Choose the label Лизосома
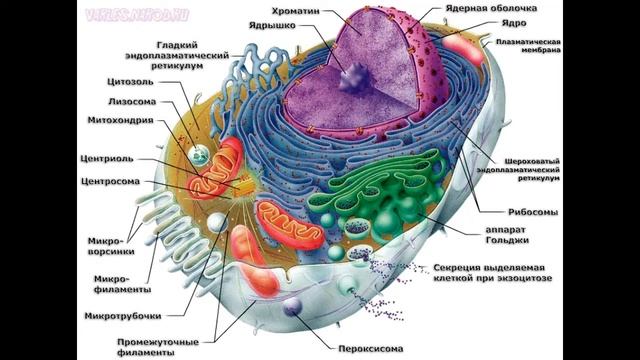129,101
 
